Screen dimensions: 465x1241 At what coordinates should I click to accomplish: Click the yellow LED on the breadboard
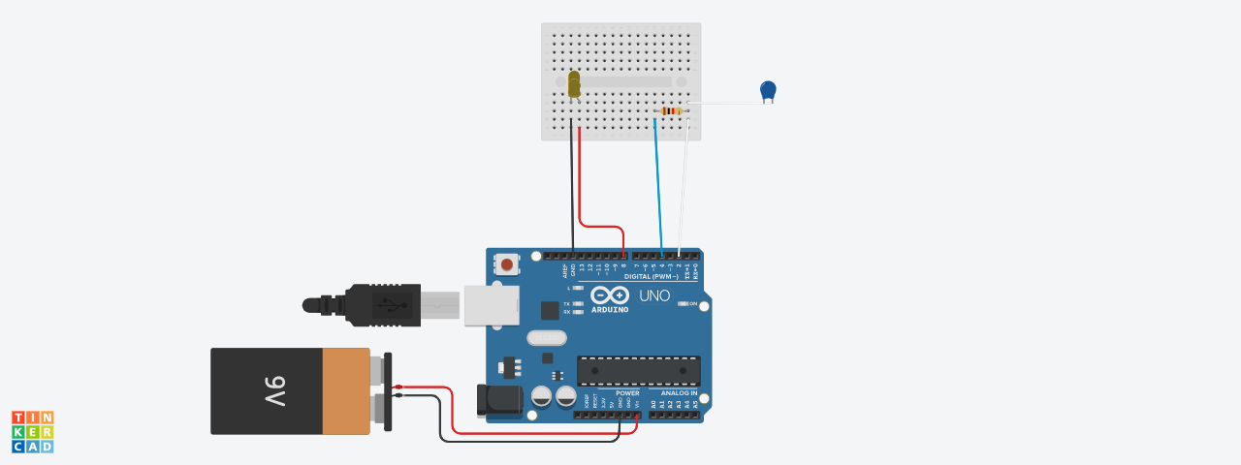click(x=574, y=83)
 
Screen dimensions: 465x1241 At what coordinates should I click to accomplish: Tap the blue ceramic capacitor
click(x=768, y=90)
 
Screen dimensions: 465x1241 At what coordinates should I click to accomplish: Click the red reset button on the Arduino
click(x=507, y=263)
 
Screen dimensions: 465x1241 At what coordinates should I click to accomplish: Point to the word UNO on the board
click(x=654, y=295)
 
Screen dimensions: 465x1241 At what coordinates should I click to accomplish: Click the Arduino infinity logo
click(x=610, y=295)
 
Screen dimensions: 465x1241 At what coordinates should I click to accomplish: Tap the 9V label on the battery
click(x=274, y=390)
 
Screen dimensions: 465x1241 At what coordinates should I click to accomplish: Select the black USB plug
click(x=383, y=304)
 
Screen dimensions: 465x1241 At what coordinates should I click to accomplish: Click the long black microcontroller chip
click(x=638, y=371)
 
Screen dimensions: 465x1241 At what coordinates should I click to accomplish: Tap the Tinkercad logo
click(x=33, y=431)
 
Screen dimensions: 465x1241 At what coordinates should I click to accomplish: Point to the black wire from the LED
click(x=571, y=184)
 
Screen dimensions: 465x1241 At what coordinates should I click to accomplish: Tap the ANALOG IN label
click(x=680, y=393)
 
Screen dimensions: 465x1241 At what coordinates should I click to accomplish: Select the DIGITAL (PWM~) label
click(x=651, y=276)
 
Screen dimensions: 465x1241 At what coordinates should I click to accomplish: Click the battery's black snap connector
click(x=388, y=391)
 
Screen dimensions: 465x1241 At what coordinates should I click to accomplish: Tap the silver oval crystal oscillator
click(x=547, y=337)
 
